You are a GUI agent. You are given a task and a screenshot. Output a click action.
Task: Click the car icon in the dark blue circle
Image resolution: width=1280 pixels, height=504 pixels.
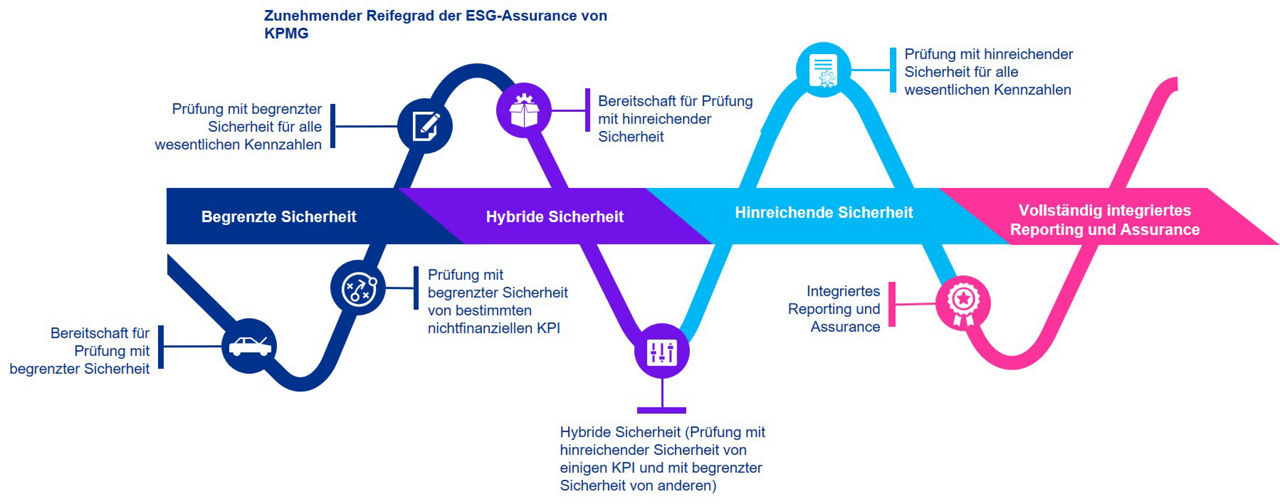pyautogui.click(x=249, y=347)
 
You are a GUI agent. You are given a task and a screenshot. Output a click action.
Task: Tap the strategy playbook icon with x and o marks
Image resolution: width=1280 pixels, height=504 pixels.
pyautogui.click(x=357, y=290)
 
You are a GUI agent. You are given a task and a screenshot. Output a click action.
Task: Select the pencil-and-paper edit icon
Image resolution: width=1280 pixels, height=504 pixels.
pyautogui.click(x=425, y=126)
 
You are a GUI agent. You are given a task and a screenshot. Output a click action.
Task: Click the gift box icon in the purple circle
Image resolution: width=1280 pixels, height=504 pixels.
pyautogui.click(x=523, y=109)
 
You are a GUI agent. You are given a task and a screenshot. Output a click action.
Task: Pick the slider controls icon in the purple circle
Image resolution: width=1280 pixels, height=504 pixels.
pyautogui.click(x=662, y=353)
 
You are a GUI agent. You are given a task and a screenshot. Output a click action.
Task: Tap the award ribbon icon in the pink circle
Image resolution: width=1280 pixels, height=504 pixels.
pyautogui.click(x=961, y=300)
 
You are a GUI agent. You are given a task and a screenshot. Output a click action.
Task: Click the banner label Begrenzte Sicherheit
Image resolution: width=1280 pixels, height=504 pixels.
pyautogui.click(x=279, y=216)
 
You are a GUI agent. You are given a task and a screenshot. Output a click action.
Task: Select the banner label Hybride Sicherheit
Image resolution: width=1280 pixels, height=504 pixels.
pyautogui.click(x=555, y=216)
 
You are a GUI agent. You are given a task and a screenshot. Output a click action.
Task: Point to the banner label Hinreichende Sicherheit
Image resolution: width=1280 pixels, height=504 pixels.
pyautogui.click(x=824, y=212)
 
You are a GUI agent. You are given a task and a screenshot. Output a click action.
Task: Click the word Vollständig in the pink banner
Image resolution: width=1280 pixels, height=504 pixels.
pyautogui.click(x=1059, y=211)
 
